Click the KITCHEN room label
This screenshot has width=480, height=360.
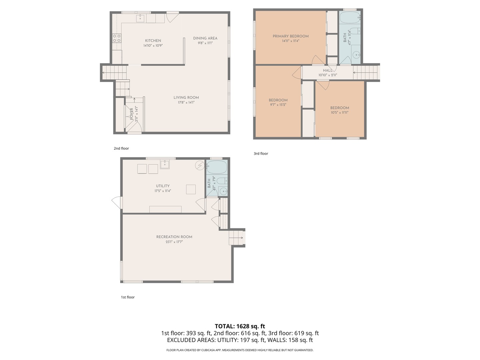point(153,41)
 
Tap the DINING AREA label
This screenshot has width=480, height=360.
point(205,38)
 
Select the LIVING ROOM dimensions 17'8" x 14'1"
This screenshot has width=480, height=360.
point(186,102)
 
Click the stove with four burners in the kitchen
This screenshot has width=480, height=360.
point(117,38)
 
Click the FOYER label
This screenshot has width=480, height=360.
point(132,114)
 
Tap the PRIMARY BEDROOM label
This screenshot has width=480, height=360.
point(291,36)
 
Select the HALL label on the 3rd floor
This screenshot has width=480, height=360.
point(328,70)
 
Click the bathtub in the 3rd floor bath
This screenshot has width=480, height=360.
point(350,17)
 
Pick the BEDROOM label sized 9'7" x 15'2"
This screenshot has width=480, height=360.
point(278,100)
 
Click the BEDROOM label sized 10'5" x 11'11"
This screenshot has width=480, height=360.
point(340,108)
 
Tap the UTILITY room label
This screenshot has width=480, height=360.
point(163,186)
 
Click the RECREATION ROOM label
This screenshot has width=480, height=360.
point(174,237)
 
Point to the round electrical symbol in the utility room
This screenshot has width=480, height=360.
point(200,165)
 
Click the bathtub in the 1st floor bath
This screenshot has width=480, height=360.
point(217,167)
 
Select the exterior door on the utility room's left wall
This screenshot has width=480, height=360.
point(117,203)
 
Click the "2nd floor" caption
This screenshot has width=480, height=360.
point(121,148)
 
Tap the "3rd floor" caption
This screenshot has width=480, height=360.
point(261,154)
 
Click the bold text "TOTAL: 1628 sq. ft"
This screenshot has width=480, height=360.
point(240,326)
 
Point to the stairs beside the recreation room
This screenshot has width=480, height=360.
point(237,238)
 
